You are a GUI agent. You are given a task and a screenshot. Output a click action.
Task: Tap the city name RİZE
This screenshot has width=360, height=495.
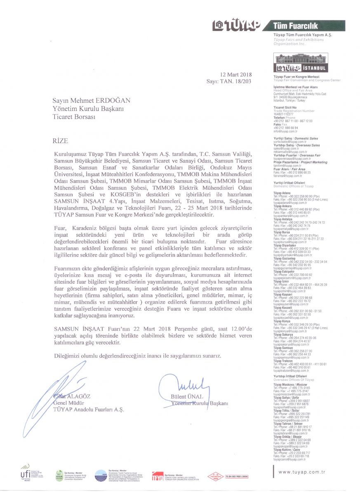point(60,141)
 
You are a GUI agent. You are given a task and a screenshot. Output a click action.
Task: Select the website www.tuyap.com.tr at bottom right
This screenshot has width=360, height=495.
point(302,471)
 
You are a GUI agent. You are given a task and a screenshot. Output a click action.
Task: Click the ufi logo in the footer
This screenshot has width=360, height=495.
point(25,472)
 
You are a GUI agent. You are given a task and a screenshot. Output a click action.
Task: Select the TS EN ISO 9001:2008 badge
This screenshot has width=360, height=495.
point(237,476)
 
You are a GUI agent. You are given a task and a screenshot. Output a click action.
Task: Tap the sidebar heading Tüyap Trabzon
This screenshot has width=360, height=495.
point(282,361)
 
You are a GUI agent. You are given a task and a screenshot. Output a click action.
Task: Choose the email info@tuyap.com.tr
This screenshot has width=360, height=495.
point(285,131)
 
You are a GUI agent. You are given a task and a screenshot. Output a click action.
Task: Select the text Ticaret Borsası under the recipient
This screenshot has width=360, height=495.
point(74,117)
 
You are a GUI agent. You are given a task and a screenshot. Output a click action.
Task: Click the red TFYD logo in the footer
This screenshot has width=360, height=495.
point(158,476)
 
